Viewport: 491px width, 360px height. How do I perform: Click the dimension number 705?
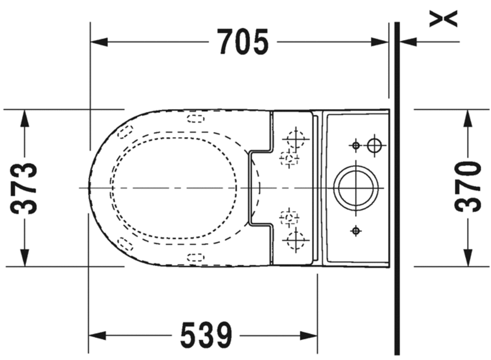(243, 42)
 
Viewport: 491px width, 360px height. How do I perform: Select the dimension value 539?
(206, 335)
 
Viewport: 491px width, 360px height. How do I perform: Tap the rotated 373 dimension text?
(24, 188)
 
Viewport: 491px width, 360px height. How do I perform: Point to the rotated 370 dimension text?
(467, 186)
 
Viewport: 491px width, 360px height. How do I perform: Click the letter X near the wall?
(443, 19)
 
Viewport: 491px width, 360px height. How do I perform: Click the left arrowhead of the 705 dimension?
(99, 42)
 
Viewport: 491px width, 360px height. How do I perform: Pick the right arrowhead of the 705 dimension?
(380, 42)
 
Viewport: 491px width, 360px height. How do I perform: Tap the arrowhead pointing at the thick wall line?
(408, 42)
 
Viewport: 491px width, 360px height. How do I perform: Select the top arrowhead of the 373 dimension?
(25, 118)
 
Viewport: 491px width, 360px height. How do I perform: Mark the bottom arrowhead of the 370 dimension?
(468, 258)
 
